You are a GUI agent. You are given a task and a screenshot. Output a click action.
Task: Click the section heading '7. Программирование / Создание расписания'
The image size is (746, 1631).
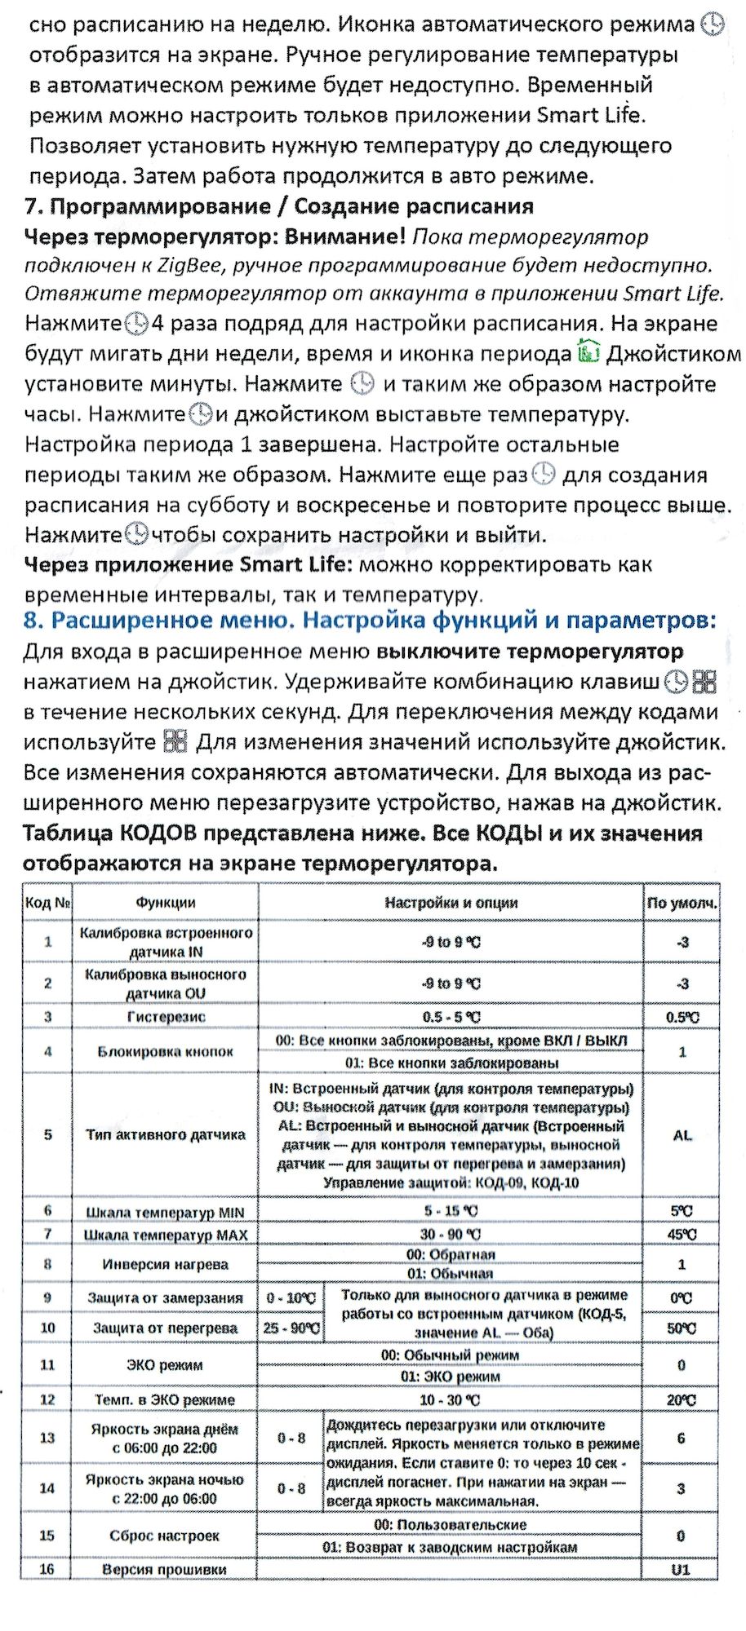click(x=279, y=206)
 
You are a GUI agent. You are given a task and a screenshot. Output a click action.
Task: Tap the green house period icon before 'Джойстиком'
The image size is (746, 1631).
click(x=588, y=354)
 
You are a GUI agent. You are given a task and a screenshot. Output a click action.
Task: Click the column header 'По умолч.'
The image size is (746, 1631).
click(x=682, y=903)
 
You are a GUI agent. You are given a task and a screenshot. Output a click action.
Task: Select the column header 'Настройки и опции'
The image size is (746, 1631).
click(x=451, y=903)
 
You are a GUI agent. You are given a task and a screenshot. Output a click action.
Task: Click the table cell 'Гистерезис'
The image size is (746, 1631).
click(x=166, y=1017)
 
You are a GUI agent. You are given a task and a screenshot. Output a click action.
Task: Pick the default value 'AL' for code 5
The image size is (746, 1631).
click(x=682, y=1135)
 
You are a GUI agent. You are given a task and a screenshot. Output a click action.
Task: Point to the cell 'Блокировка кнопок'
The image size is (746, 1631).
click(x=166, y=1051)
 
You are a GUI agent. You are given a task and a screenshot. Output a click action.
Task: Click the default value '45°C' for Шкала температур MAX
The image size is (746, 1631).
click(x=682, y=1235)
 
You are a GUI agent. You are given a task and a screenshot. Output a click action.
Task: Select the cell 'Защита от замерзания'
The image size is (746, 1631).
click(x=166, y=1297)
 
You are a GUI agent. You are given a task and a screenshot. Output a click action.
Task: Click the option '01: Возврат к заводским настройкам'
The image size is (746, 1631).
click(x=450, y=1547)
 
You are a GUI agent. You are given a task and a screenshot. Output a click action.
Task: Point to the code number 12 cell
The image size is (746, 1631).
click(x=47, y=1399)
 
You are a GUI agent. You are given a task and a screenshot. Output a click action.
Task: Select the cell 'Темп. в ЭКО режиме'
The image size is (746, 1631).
click(x=166, y=1399)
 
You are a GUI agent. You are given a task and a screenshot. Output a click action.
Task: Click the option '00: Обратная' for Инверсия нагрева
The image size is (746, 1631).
click(x=451, y=1254)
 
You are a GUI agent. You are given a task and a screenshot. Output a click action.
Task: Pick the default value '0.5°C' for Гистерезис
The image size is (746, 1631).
click(x=682, y=1017)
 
